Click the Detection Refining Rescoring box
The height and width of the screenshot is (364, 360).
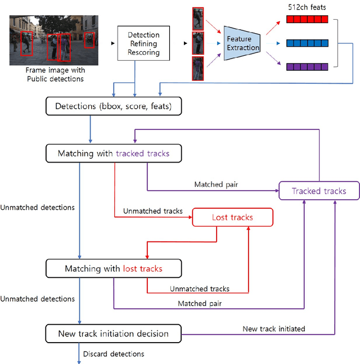click(143, 43)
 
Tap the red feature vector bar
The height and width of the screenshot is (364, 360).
click(307, 19)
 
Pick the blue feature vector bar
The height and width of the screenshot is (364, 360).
click(307, 43)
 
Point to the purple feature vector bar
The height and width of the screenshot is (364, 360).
click(307, 66)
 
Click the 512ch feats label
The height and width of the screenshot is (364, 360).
click(306, 7)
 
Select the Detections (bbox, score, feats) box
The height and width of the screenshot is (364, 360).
click(113, 106)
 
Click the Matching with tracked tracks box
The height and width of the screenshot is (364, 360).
click(113, 154)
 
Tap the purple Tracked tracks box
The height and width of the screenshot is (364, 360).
click(318, 191)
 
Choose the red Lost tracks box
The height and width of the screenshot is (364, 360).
click(232, 217)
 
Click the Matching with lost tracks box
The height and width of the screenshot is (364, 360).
click(113, 268)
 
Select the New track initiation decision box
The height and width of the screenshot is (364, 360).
click(113, 334)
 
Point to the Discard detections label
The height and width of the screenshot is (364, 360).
click(114, 354)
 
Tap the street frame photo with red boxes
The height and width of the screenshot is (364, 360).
click(54, 41)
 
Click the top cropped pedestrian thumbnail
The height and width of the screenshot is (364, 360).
click(198, 18)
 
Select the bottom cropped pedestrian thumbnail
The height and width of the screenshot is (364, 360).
click(198, 68)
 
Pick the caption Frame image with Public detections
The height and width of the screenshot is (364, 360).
click(55, 75)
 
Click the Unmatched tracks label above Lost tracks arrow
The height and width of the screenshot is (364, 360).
click(152, 211)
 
